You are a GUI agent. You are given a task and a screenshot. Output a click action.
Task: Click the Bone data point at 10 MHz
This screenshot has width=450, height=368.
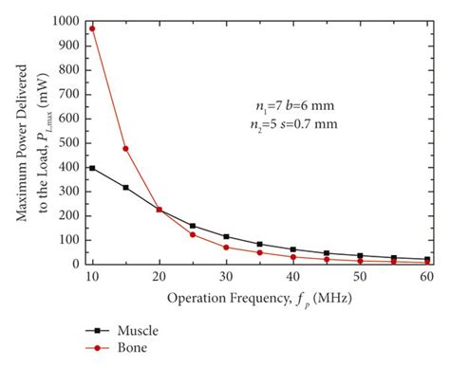pyautogui.click(x=92, y=28)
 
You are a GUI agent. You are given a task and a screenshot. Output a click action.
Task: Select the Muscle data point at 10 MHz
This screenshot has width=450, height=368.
pyautogui.click(x=92, y=168)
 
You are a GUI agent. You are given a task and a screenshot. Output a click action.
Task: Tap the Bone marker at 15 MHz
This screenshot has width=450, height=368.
pyautogui.click(x=125, y=148)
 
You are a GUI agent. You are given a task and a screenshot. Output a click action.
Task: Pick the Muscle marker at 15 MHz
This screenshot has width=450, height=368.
pyautogui.click(x=125, y=188)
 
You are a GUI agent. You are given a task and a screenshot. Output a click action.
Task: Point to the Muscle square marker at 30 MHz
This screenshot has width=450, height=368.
pyautogui.click(x=226, y=236)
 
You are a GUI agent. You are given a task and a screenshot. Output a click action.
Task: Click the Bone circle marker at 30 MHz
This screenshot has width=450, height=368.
pyautogui.click(x=226, y=248)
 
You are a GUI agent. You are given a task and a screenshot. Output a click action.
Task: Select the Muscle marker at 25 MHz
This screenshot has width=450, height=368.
pyautogui.click(x=193, y=226)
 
